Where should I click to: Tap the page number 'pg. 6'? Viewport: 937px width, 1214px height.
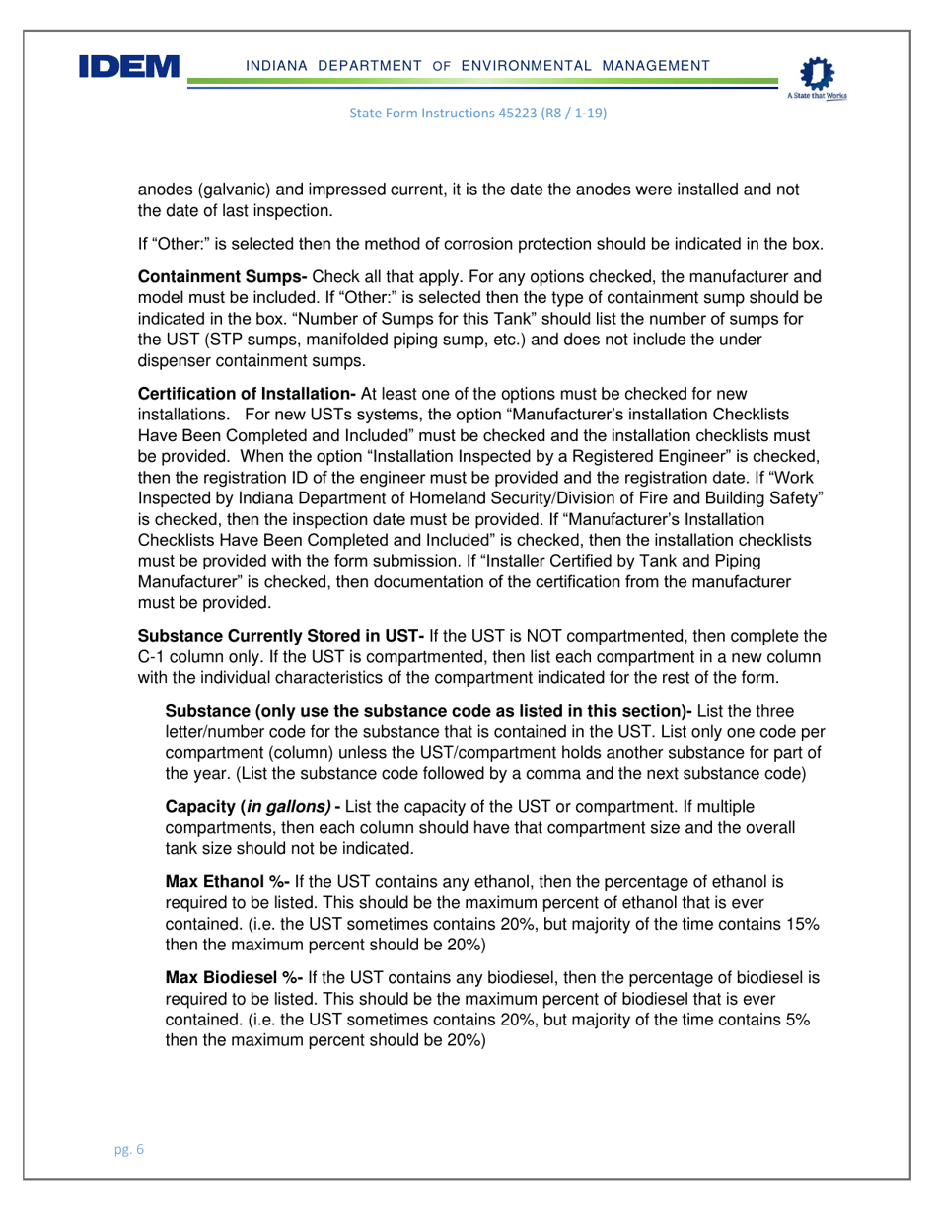(x=126, y=1150)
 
